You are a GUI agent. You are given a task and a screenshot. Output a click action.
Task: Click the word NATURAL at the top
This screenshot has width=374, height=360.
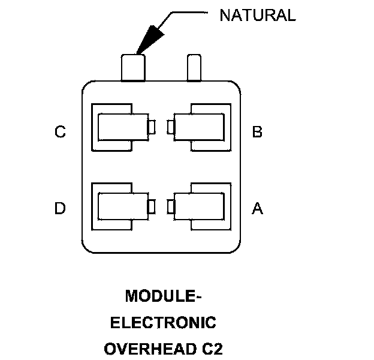pyautogui.click(x=257, y=16)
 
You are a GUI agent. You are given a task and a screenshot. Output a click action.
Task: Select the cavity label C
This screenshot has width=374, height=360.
pyautogui.click(x=60, y=132)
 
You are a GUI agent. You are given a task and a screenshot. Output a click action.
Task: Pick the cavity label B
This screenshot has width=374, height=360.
pyautogui.click(x=257, y=132)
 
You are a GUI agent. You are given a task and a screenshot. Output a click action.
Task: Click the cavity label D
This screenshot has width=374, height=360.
pyautogui.click(x=60, y=208)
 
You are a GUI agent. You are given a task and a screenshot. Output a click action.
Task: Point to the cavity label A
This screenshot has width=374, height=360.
pyautogui.click(x=257, y=208)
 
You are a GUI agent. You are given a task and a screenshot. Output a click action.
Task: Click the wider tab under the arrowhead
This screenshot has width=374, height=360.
pyautogui.click(x=134, y=67)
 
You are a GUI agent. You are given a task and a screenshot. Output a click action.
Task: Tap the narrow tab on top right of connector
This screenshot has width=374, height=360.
pyautogui.click(x=194, y=67)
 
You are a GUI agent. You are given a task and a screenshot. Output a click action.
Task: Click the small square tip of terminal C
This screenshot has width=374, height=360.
pyautogui.click(x=152, y=127)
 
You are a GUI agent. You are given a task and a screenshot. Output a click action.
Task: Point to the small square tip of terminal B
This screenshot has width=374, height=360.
pyautogui.click(x=171, y=127)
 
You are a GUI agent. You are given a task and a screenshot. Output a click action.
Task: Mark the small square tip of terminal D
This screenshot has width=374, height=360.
pyautogui.click(x=152, y=206)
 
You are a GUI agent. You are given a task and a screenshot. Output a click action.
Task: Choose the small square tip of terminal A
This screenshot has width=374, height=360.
pyautogui.click(x=171, y=206)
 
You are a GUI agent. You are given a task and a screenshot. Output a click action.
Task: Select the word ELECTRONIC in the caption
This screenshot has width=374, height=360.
pyautogui.click(x=163, y=322)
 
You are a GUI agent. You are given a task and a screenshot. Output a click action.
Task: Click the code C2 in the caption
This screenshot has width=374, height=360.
pyautogui.click(x=210, y=349)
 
